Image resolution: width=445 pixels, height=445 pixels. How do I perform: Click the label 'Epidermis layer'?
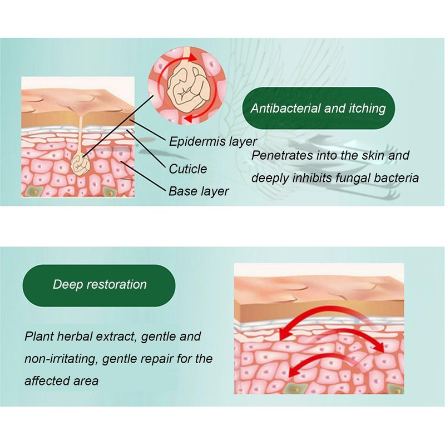(212, 141)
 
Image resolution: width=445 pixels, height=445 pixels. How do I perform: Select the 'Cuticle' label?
(187, 169)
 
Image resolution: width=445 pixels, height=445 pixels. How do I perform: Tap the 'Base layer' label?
(199, 191)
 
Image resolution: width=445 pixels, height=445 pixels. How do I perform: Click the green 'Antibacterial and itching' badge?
(318, 108)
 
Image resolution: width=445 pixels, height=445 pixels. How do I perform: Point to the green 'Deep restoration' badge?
(100, 285)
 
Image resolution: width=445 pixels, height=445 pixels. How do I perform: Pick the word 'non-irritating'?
(61, 359)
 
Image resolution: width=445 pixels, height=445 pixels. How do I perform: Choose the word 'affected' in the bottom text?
(46, 381)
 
